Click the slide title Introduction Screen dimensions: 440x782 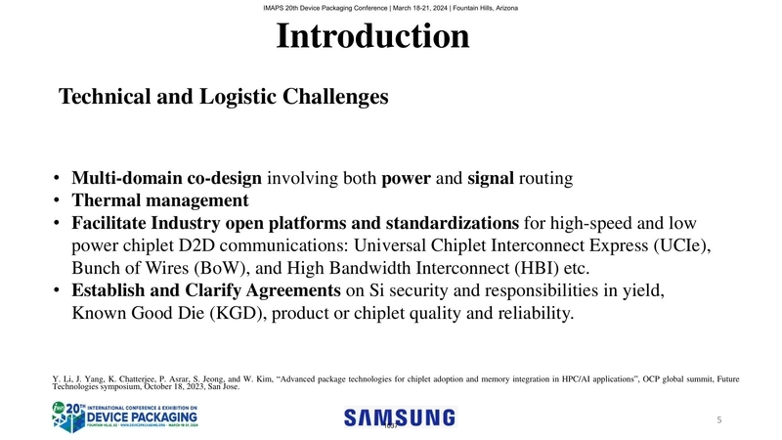[372, 37]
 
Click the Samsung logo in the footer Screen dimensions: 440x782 [399, 418]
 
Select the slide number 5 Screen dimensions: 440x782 [718, 420]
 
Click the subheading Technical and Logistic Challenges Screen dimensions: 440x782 [224, 97]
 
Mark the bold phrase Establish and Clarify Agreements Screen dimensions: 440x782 [206, 291]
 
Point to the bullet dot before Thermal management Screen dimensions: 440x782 [59, 202]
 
